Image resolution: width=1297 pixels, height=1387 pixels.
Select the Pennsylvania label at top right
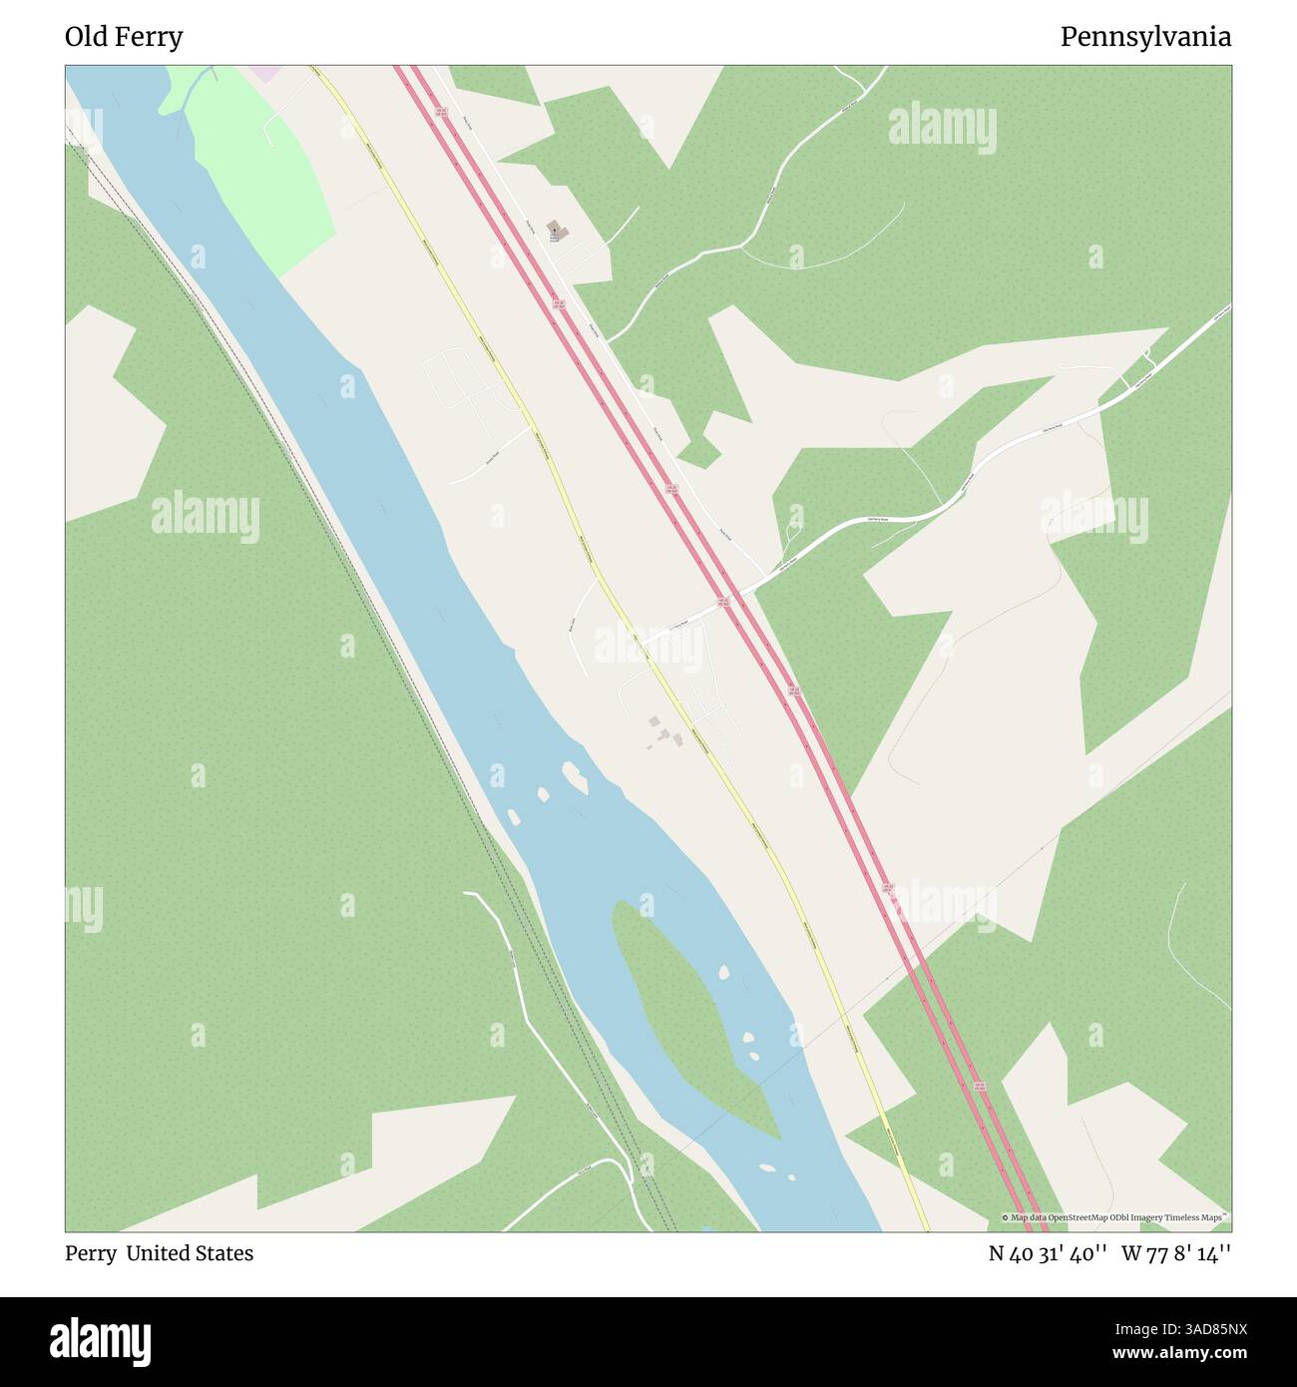(1144, 37)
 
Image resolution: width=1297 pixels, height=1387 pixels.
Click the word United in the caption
(160, 1253)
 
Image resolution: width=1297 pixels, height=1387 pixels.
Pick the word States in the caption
(224, 1253)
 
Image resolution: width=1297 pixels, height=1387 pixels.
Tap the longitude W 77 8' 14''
(1175, 1253)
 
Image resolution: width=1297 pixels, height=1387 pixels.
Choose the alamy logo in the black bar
(101, 1341)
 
